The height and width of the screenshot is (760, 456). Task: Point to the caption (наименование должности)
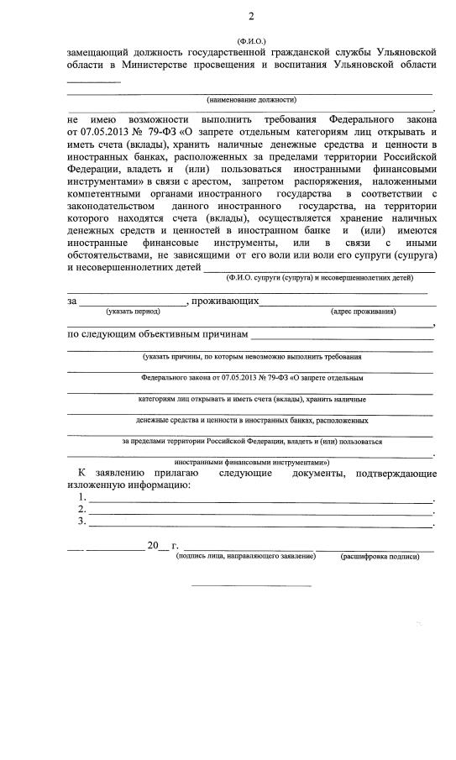(252, 99)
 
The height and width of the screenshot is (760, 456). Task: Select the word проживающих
(225, 300)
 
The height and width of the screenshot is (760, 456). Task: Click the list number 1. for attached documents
(82, 498)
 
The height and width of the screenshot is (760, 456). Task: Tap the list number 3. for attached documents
(82, 522)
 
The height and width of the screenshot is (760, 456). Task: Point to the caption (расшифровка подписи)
(379, 556)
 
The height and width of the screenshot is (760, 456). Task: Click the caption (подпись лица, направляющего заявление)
(249, 556)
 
